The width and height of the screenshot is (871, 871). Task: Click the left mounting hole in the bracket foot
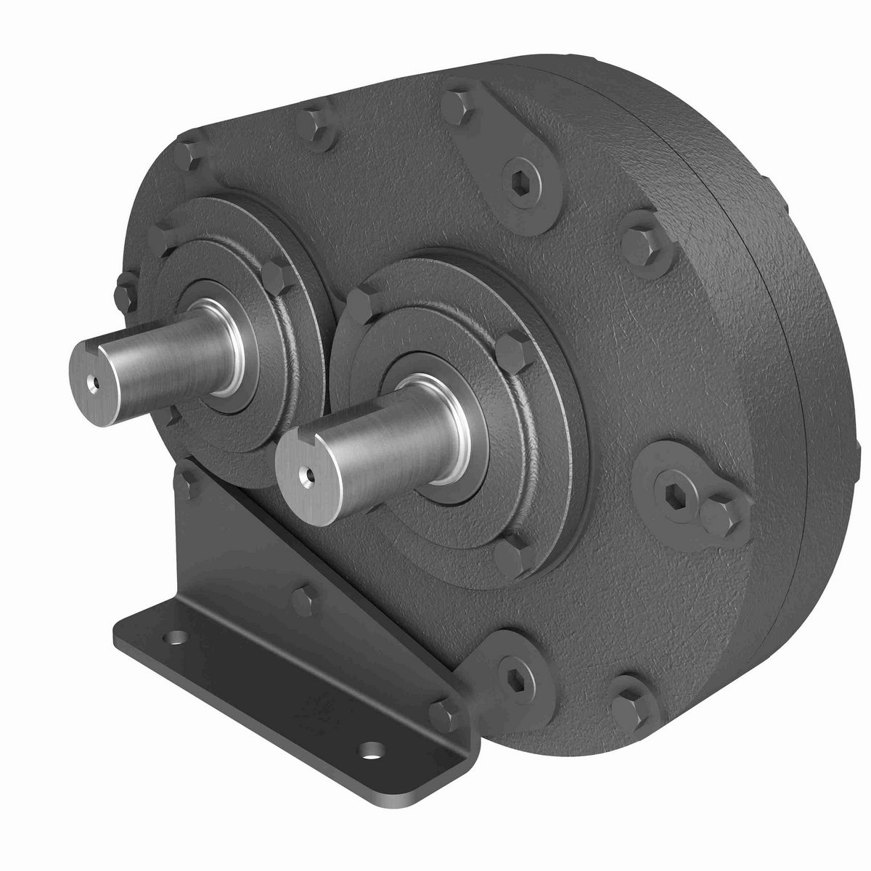pyautogui.click(x=173, y=639)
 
